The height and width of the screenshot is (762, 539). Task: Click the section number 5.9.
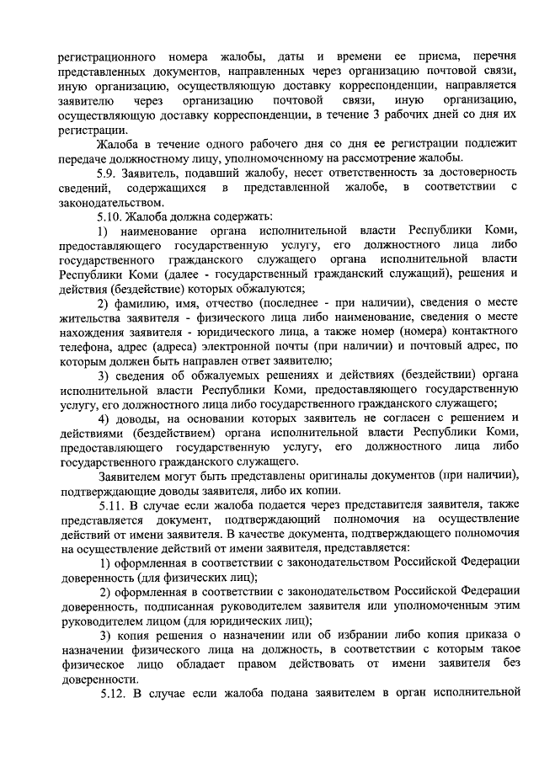[x=110, y=173]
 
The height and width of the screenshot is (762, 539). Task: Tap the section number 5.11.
[x=114, y=504]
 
